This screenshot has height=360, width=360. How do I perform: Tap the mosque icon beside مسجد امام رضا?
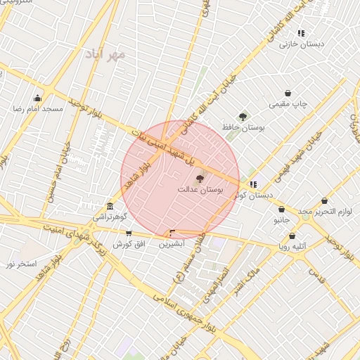(x=37, y=98)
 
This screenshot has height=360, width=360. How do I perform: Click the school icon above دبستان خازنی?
(x=301, y=33)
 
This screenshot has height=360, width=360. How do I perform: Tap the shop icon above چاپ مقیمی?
(x=288, y=94)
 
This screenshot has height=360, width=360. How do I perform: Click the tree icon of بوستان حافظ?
(x=243, y=117)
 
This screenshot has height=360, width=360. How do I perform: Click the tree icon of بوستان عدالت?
(x=199, y=179)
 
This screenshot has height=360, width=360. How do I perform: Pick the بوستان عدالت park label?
(x=200, y=190)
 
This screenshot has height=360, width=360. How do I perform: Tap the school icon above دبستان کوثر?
(x=253, y=184)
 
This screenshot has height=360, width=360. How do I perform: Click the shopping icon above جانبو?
(x=281, y=209)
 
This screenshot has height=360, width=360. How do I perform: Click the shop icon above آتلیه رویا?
(x=292, y=236)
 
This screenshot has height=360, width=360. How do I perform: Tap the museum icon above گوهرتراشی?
(x=110, y=206)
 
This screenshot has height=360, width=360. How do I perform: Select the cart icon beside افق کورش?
(x=128, y=233)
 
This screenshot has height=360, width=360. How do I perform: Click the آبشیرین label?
(x=172, y=244)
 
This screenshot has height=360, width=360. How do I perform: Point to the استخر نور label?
(x=20, y=264)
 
